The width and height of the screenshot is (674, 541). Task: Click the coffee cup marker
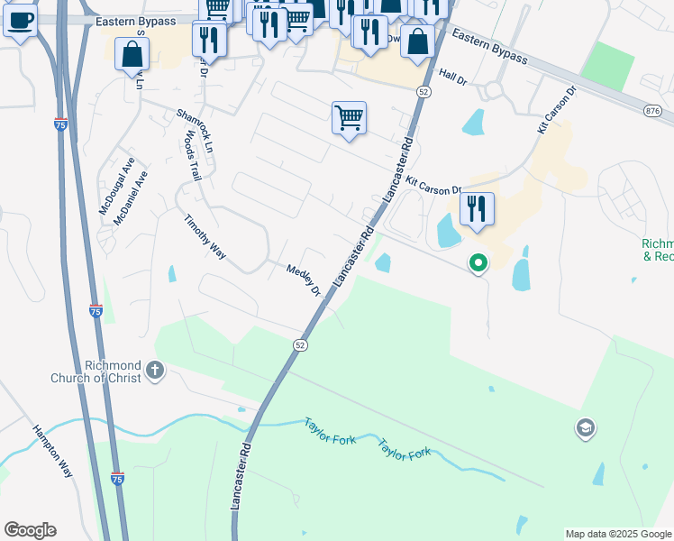21,20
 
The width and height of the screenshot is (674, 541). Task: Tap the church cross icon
155,370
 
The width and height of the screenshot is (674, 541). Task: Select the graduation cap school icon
585,428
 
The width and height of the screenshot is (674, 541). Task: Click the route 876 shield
652,110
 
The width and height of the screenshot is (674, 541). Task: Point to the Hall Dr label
452,78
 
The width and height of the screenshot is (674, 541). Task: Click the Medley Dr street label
304,280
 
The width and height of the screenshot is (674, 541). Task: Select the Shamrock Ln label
196,130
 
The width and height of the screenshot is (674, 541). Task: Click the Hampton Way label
53,452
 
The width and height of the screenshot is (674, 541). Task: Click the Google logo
30,530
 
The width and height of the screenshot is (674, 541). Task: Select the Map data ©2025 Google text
618,534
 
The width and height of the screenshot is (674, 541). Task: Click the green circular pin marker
478,263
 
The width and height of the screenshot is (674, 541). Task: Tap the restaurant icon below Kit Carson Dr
478,209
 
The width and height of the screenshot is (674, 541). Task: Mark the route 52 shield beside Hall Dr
424,92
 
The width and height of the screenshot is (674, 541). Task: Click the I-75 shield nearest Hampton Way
117,479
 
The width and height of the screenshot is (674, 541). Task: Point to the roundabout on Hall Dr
493,89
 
